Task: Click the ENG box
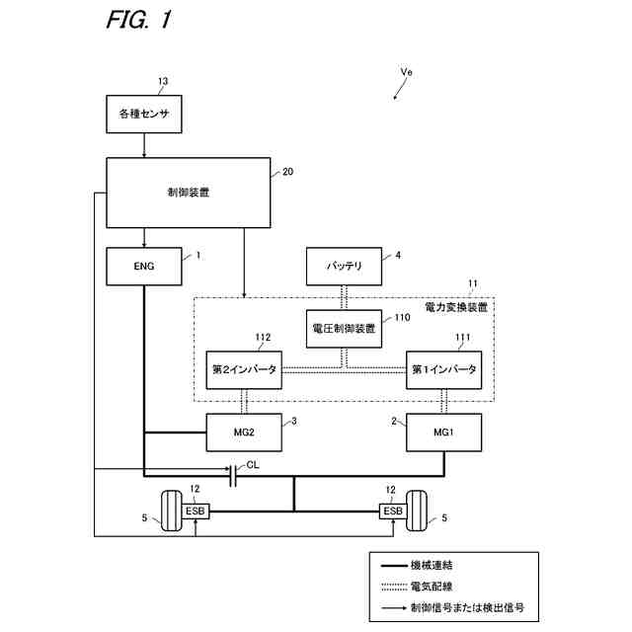coord(144,267)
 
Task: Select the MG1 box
coord(443,433)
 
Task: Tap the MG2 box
coord(244,433)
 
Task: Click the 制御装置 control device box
coord(189,193)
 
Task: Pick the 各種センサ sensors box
coord(144,115)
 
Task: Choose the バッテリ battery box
coord(344,267)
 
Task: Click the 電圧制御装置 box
coord(344,329)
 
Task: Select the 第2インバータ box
coord(244,370)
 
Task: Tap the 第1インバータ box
coord(443,370)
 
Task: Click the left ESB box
coord(196,512)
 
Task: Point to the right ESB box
coord(393,512)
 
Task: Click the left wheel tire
coord(171,511)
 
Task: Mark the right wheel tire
coord(417,511)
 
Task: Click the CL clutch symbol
coord(233,476)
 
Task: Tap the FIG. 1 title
coord(139,20)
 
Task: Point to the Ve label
coord(406,72)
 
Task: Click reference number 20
coord(287,172)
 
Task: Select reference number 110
coord(402,318)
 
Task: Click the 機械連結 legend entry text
coord(432,565)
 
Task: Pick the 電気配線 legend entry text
coord(432,587)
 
